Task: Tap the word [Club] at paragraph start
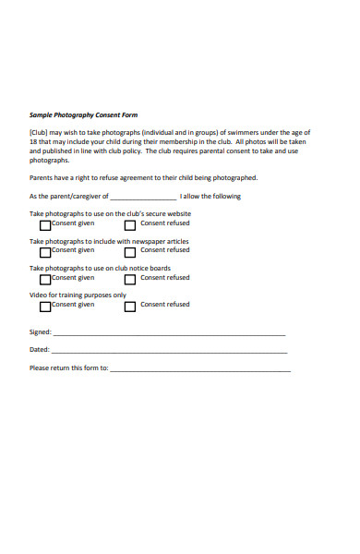click(39, 133)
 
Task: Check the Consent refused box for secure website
click(130, 224)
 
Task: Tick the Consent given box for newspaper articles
click(45, 251)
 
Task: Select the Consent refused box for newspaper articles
click(130, 251)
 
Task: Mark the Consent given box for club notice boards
click(45, 278)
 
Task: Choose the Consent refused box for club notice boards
click(130, 278)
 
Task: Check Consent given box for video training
click(45, 305)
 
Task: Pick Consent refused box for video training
click(130, 305)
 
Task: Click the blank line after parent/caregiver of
click(143, 198)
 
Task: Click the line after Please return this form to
click(200, 369)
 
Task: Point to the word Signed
click(40, 331)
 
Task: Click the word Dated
click(39, 350)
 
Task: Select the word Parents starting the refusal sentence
click(42, 177)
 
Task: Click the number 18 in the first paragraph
click(33, 142)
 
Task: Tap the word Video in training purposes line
click(38, 295)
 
